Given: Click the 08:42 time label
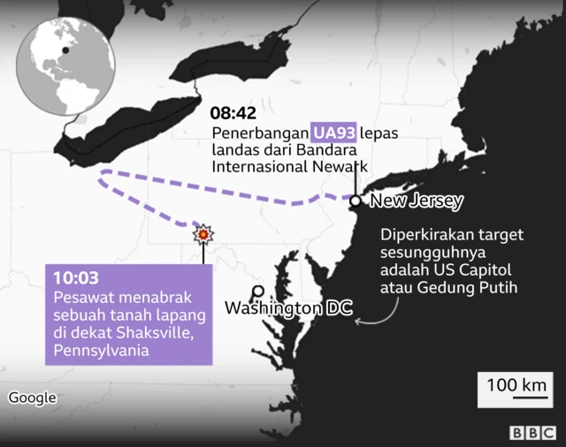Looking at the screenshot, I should (234, 114).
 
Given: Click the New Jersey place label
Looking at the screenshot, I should (417, 201).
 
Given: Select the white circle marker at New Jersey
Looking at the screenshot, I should (356, 201).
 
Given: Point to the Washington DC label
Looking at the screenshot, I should (288, 309).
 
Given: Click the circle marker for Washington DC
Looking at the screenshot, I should (257, 291).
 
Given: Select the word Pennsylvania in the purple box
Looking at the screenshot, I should (100, 351).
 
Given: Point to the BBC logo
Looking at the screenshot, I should (530, 434).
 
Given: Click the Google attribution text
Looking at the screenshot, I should (33, 398).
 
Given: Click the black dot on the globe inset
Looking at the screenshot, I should (65, 51).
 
